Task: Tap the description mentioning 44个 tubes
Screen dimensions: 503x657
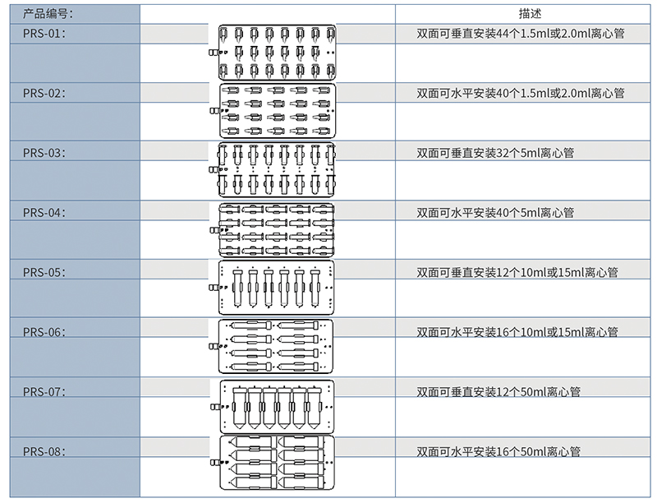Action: (x=521, y=34)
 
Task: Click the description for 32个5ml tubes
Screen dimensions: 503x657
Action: (x=495, y=153)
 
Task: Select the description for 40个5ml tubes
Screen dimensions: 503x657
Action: (x=495, y=213)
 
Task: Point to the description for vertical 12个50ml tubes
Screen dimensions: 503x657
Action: (x=498, y=392)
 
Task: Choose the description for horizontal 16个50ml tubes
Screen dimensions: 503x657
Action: (x=498, y=452)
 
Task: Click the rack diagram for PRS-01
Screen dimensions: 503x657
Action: (x=277, y=52)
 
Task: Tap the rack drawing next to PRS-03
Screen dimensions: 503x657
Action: (x=277, y=170)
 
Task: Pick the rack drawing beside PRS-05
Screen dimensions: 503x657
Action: (x=277, y=288)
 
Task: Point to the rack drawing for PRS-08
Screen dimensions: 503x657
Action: (x=277, y=464)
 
